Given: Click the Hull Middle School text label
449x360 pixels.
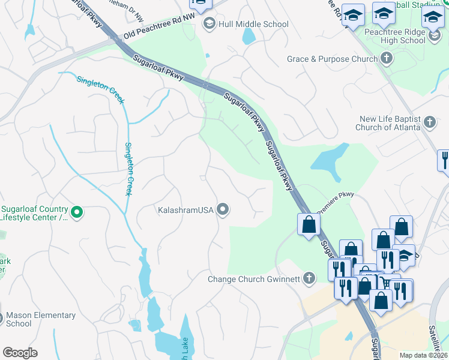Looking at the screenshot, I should pos(253,25).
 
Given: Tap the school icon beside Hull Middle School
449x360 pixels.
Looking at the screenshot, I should pos(209,24).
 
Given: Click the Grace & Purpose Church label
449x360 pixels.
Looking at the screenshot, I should pos(332,59).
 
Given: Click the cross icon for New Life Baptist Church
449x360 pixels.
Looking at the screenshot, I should pos(429,123).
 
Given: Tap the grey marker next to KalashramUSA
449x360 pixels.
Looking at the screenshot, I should pos(223,209).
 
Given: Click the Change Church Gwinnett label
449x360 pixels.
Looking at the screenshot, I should pos(253,279).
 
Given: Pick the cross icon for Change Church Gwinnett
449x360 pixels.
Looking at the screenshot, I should pos(309,278).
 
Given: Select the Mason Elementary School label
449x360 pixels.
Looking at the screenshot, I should pos(41,319).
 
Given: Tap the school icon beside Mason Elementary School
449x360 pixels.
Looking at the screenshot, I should pos(2,318).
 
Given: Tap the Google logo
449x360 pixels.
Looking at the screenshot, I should pos(20,353).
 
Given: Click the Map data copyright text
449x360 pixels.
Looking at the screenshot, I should pos(423,355).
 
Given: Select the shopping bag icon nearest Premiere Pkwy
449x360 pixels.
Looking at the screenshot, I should pos(309,225).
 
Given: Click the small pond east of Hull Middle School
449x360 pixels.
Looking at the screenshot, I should pos(249,36).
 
